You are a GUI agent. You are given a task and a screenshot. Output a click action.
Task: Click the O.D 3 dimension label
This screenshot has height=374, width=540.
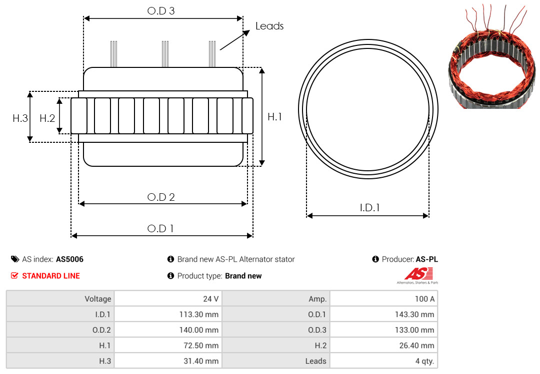(161, 11)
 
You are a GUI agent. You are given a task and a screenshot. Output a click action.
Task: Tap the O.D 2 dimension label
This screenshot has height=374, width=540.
(161, 197)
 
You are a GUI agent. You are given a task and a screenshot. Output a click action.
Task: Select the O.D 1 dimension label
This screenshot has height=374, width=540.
(160, 229)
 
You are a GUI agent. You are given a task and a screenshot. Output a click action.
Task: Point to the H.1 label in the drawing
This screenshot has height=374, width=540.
(274, 117)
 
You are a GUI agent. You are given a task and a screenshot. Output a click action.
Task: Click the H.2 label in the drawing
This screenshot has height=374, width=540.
(47, 118)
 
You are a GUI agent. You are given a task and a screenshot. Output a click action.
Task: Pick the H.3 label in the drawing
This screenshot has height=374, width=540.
(20, 118)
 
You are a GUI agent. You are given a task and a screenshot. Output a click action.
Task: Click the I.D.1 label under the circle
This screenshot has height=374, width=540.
(369, 208)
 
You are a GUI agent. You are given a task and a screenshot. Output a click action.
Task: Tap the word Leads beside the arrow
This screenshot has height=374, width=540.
(269, 26)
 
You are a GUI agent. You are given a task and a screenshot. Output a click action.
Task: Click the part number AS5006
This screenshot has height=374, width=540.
(69, 259)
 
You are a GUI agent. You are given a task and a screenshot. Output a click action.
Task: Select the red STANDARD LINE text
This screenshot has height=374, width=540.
(51, 276)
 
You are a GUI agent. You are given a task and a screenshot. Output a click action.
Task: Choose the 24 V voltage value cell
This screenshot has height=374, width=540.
(168, 299)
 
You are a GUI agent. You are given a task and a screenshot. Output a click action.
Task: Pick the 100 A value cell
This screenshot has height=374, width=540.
(383, 299)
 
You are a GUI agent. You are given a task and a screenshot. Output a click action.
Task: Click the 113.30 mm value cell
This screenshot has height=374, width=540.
(168, 314)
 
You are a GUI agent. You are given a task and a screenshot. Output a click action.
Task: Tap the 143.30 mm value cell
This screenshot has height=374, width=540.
(383, 314)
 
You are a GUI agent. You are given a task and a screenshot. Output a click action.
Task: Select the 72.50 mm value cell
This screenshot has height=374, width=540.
(168, 345)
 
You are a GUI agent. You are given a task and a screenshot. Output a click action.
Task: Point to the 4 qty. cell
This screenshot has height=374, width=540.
(383, 361)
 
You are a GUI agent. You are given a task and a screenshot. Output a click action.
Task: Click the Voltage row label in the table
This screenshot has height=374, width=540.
(98, 299)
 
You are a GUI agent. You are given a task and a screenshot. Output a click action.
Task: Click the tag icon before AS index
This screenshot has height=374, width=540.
(15, 259)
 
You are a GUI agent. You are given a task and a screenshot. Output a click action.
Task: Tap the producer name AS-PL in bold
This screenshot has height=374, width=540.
(426, 259)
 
